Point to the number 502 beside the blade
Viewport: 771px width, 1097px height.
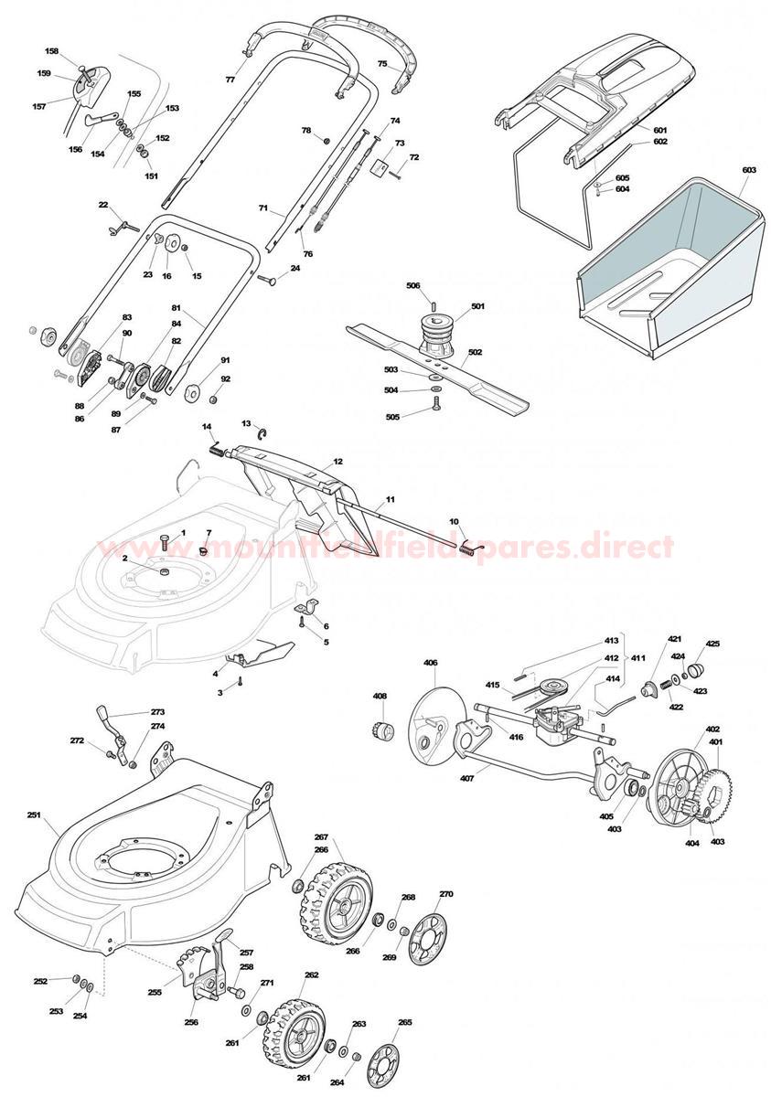coord(476,352)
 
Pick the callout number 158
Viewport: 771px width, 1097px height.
coord(52,51)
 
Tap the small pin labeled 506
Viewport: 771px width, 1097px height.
coord(433,304)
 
